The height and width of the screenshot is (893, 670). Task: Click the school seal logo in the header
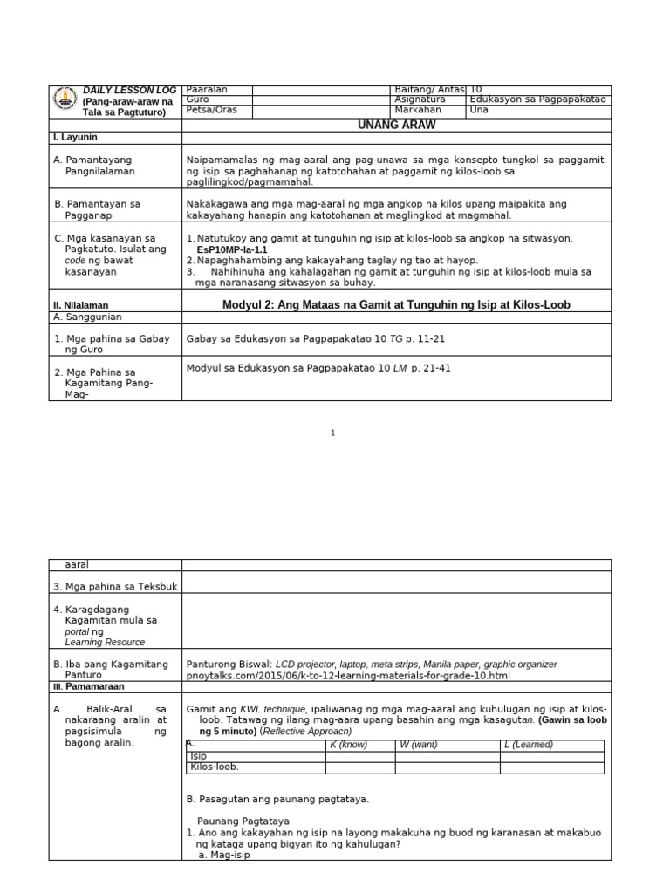[x=65, y=101]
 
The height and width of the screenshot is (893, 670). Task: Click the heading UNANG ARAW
[x=397, y=126]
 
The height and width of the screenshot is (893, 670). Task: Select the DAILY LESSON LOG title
[x=129, y=90]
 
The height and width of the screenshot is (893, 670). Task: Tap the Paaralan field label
[x=205, y=90]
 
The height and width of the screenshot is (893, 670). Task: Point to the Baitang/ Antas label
[x=429, y=90]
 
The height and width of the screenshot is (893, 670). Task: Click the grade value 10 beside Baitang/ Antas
[x=476, y=90]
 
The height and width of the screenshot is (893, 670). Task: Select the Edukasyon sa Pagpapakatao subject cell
[x=537, y=100]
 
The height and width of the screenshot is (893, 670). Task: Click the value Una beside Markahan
[x=479, y=111]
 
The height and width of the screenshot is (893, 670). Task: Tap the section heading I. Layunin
[x=76, y=138]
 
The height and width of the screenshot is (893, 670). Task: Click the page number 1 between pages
[x=332, y=433]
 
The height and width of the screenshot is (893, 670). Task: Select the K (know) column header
[x=347, y=745]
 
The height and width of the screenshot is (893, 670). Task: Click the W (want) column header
[x=417, y=745]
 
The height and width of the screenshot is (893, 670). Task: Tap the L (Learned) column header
[x=529, y=745]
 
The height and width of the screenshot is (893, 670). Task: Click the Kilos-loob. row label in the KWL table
[x=214, y=767]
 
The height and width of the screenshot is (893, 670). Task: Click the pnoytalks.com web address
[x=348, y=676]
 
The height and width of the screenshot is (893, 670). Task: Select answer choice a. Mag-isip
[x=224, y=856]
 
